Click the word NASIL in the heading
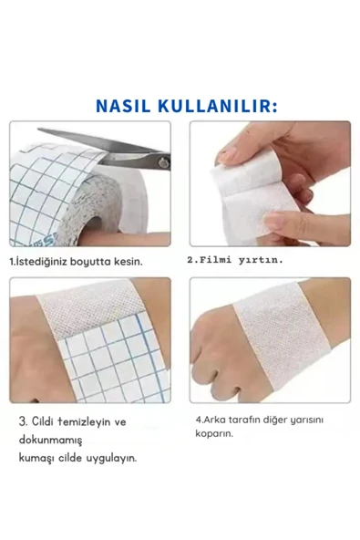click(x=123, y=106)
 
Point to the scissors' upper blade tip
click(x=38, y=130)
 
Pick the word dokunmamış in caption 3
click(x=51, y=441)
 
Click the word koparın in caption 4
click(x=214, y=433)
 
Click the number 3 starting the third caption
click(x=22, y=421)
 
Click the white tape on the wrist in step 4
click(x=283, y=337)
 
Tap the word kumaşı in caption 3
click(x=36, y=459)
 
